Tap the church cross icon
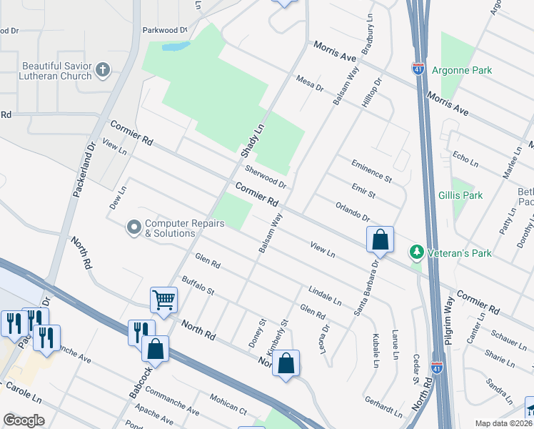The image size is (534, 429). [104, 70]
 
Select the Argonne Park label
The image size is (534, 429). [468, 71]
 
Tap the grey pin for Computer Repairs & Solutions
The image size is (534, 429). [133, 228]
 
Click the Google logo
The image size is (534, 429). [24, 420]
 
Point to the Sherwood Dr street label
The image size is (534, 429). [266, 177]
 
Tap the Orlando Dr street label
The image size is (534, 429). [353, 212]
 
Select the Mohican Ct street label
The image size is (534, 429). [228, 404]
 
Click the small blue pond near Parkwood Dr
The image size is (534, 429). [176, 47]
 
